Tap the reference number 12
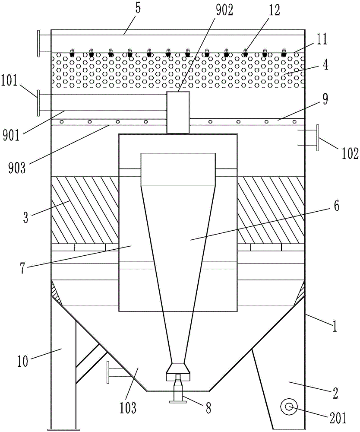coord(273,10)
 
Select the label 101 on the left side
coord(9,82)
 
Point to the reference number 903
coord(17,167)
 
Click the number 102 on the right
coord(349,154)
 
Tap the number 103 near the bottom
coord(128,407)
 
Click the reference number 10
coord(22,361)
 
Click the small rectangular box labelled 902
coord(178,112)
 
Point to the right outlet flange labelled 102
coord(318,138)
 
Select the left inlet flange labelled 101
coord(39,103)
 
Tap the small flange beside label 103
coord(108,372)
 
